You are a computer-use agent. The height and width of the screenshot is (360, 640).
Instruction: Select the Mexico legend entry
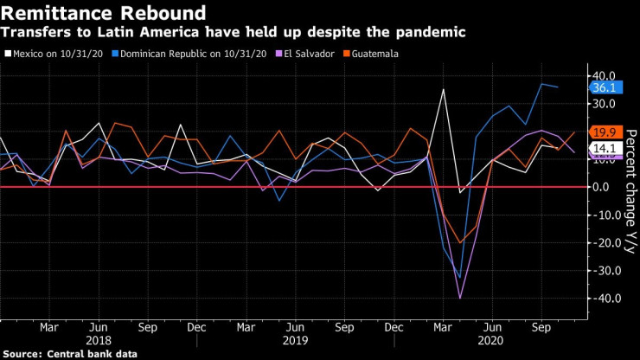click(x=54, y=53)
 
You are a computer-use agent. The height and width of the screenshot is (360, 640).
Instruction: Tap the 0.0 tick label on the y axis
click(x=605, y=187)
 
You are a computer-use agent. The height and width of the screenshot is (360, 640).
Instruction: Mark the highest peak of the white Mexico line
click(x=444, y=89)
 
